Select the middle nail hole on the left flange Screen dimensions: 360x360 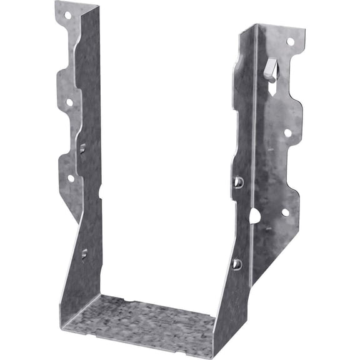tap(69, 102)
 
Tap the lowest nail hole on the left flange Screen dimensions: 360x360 tap(71, 178)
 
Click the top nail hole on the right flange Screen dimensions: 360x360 tap(290, 41)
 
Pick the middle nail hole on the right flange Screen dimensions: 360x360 tap(287, 132)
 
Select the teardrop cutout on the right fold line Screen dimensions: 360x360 tap(255, 216)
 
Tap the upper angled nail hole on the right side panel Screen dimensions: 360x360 tap(238, 182)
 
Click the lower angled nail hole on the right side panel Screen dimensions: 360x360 tap(236, 264)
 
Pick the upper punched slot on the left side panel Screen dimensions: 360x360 tap(82, 148)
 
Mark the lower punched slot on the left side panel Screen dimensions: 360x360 tap(84, 254)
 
